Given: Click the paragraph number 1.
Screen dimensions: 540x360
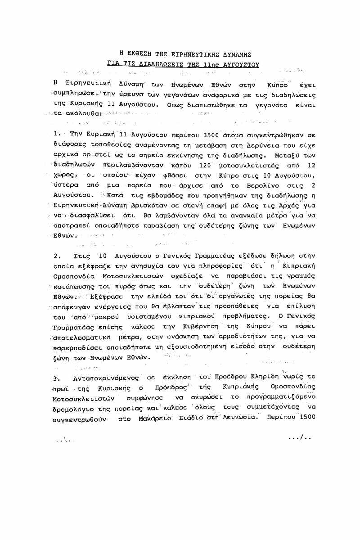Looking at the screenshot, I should pos(56,134).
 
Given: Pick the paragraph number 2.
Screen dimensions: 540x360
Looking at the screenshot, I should pos(56,256).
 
